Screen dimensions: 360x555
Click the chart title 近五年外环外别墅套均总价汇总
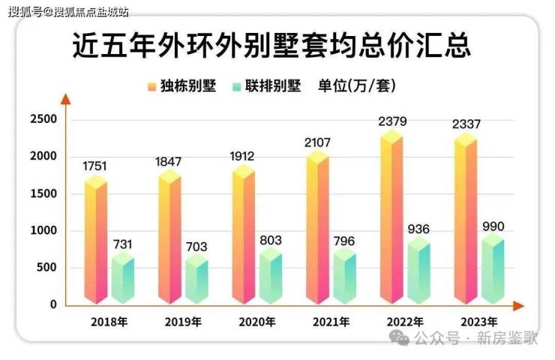[x=271, y=46]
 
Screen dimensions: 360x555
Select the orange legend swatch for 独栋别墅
[x=151, y=86]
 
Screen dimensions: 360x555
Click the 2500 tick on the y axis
[x=43, y=119]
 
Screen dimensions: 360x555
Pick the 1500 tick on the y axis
[x=43, y=193]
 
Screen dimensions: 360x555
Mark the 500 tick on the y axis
[x=47, y=268]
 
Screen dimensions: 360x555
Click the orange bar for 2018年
[x=95, y=240]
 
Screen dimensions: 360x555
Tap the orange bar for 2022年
[x=391, y=217]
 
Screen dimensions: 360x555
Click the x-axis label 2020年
[x=257, y=322]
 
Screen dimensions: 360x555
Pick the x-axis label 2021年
[x=331, y=322]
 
